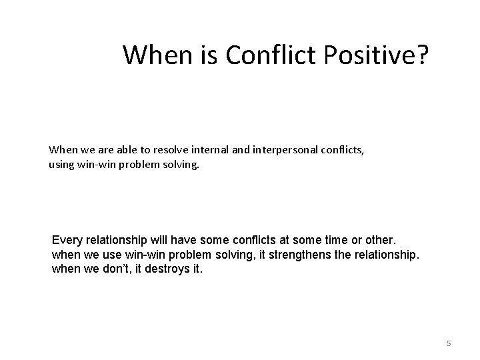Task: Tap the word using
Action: coord(61,164)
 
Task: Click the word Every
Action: coord(65,239)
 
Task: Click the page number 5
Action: coord(449,343)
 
